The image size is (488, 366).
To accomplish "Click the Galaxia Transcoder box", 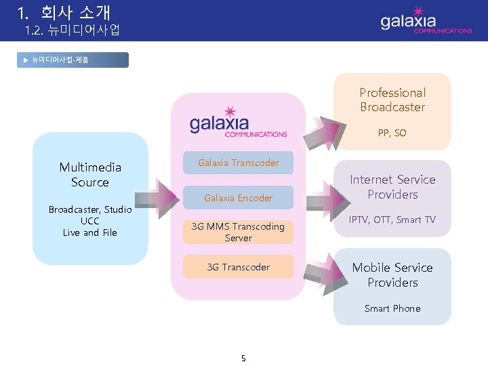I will pyautogui.click(x=238, y=163).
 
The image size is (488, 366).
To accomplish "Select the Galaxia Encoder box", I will pyautogui.click(x=238, y=198).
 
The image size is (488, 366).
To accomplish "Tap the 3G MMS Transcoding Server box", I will pyautogui.click(x=238, y=232).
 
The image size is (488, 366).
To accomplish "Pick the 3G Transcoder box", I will pyautogui.click(x=238, y=267).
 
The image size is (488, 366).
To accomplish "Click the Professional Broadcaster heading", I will pyautogui.click(x=392, y=100).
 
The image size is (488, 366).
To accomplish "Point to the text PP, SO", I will pyautogui.click(x=392, y=133).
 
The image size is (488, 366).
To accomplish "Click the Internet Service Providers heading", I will pyautogui.click(x=392, y=186).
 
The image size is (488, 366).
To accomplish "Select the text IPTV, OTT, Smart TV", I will pyautogui.click(x=392, y=220).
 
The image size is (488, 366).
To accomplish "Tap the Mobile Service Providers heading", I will pyautogui.click(x=392, y=274).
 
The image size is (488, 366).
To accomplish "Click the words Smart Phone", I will pyautogui.click(x=392, y=308).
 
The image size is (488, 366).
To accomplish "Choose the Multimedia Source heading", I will pyautogui.click(x=90, y=174).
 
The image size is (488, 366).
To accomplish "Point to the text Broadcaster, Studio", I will pyautogui.click(x=90, y=209).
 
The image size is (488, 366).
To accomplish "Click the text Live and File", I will pyautogui.click(x=90, y=232).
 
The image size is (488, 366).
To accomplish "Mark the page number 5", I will pyautogui.click(x=243, y=358).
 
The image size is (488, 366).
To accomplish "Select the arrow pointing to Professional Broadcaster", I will pyautogui.click(x=331, y=129).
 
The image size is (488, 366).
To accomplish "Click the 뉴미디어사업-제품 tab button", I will pyautogui.click(x=75, y=60).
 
